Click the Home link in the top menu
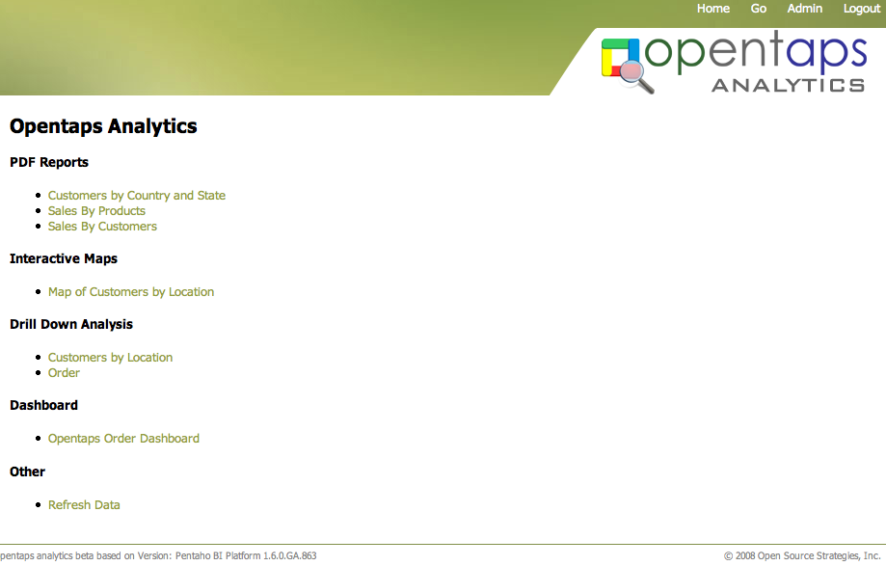pyautogui.click(x=713, y=9)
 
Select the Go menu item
pyautogui.click(x=759, y=9)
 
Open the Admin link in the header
pyautogui.click(x=805, y=9)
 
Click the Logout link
pyautogui.click(x=862, y=9)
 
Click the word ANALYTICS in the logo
pyautogui.click(x=789, y=85)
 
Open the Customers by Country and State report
pyautogui.click(x=137, y=196)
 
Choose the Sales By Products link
pyautogui.click(x=96, y=211)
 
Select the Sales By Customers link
pyautogui.click(x=102, y=226)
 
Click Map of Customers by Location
pyautogui.click(x=131, y=291)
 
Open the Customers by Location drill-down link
pyautogui.click(x=110, y=357)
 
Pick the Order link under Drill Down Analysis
pyautogui.click(x=64, y=373)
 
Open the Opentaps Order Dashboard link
pyautogui.click(x=123, y=439)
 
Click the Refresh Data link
pyautogui.click(x=84, y=504)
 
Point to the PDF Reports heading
pyautogui.click(x=49, y=162)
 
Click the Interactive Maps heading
pyautogui.click(x=64, y=258)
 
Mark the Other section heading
pyautogui.click(x=27, y=472)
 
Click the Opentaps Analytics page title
pyautogui.click(x=103, y=126)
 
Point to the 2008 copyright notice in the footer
pyautogui.click(x=802, y=555)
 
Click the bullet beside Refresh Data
pyautogui.click(x=38, y=504)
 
